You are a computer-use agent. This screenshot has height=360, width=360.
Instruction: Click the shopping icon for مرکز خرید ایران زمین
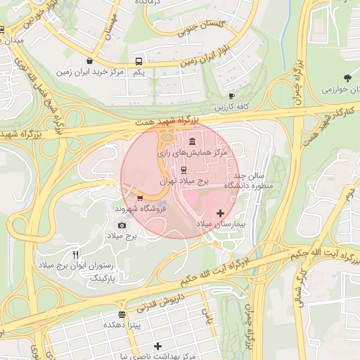tap(90, 61)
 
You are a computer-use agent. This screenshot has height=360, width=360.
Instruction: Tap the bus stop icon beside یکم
tap(139, 61)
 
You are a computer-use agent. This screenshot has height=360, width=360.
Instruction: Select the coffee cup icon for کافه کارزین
tap(232, 96)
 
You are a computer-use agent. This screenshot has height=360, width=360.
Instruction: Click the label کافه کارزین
tap(233, 107)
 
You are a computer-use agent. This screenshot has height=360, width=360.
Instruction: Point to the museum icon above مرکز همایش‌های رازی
tap(192, 141)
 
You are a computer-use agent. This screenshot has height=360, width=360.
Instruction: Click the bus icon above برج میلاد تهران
tap(184, 169)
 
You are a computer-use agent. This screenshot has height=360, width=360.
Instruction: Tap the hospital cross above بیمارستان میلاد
tap(221, 212)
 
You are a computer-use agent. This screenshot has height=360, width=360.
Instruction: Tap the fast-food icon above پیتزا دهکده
tap(122, 314)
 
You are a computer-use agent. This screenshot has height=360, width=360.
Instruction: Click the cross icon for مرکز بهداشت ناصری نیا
tap(158, 346)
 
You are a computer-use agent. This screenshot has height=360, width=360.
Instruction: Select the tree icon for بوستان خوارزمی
tap(347, 78)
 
